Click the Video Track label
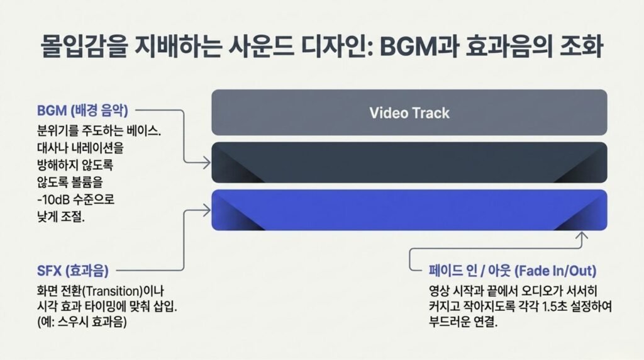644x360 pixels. coord(409,113)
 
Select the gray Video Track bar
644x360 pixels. coord(409,112)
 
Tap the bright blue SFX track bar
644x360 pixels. coord(409,210)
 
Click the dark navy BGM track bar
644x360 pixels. coord(409,162)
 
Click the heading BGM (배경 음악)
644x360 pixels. coord(82,111)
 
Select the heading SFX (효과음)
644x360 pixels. coord(73,271)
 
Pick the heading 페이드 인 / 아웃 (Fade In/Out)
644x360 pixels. coord(512,271)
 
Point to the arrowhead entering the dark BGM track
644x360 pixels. coord(206,163)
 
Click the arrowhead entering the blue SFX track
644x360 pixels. coord(206,210)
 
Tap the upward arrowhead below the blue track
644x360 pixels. coord(582,236)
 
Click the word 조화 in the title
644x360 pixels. coord(581,47)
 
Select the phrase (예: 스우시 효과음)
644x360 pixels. coord(82,322)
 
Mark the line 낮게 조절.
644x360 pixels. coord(61,217)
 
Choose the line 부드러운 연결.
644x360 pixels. coord(463,322)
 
